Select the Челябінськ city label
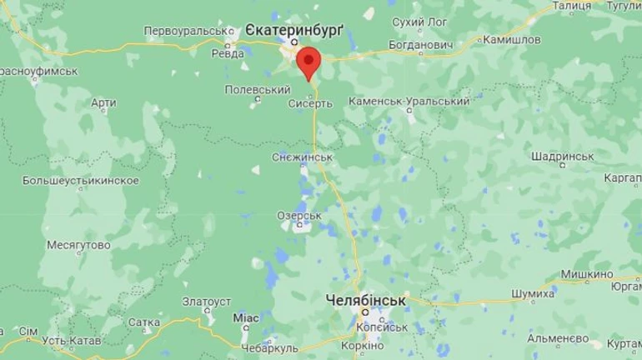[364, 298]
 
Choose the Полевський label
[258, 89]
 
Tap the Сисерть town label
[310, 104]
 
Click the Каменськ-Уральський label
[414, 101]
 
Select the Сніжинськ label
[303, 157]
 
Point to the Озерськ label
[299, 215]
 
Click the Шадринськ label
[561, 156]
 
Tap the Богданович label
[420, 44]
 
